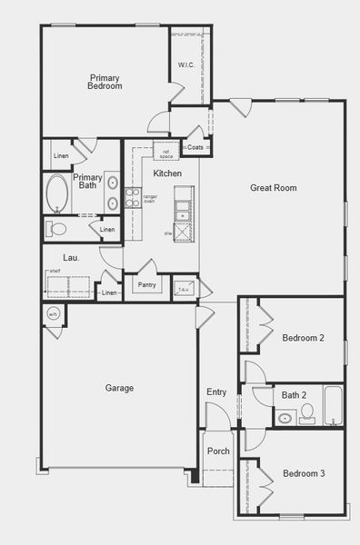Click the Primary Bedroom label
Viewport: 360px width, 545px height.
(x=105, y=82)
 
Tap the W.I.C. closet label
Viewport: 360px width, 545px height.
(x=186, y=64)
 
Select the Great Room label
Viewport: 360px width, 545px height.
(x=274, y=188)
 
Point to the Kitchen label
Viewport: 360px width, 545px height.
(x=167, y=173)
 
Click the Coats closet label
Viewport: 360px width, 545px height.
(x=195, y=147)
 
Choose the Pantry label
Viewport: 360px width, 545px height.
(x=146, y=284)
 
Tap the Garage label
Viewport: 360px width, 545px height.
(x=119, y=388)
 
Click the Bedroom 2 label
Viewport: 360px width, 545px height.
(x=303, y=337)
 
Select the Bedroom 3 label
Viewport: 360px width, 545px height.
(x=303, y=473)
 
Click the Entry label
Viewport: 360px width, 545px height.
(x=216, y=391)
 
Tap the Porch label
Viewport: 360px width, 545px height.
(x=218, y=451)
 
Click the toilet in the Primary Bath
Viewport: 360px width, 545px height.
(x=58, y=229)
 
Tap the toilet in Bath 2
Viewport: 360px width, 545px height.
(x=306, y=414)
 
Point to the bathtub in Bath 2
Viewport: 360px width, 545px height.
(x=333, y=406)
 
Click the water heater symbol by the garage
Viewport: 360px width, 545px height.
(x=53, y=315)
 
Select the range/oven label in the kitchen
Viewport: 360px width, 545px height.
(x=150, y=199)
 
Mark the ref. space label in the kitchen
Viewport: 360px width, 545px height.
(x=166, y=154)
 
